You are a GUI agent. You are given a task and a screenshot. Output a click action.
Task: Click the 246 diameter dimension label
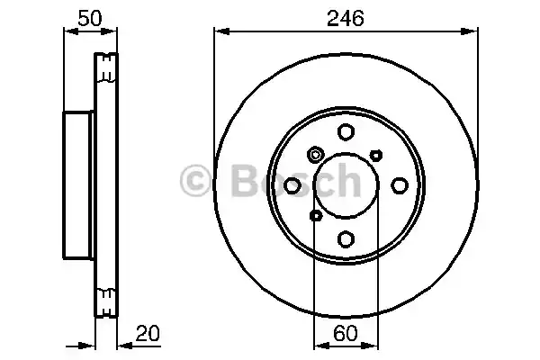[x=345, y=18]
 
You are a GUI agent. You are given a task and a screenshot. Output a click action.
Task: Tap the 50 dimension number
[x=90, y=18]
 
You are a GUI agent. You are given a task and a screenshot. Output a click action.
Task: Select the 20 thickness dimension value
[x=148, y=333]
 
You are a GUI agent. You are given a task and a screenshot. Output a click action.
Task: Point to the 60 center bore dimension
[x=346, y=333]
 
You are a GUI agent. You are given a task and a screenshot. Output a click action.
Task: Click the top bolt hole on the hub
[x=346, y=132]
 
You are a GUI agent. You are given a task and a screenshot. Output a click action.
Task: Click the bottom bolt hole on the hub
[x=346, y=238]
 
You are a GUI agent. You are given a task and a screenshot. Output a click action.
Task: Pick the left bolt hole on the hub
[x=292, y=185]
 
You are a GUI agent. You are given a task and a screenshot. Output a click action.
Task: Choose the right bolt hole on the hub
[x=400, y=185]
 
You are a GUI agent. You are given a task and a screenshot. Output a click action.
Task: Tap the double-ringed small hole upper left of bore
[x=315, y=155]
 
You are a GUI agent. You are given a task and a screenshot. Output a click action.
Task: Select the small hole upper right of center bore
[x=376, y=156]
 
